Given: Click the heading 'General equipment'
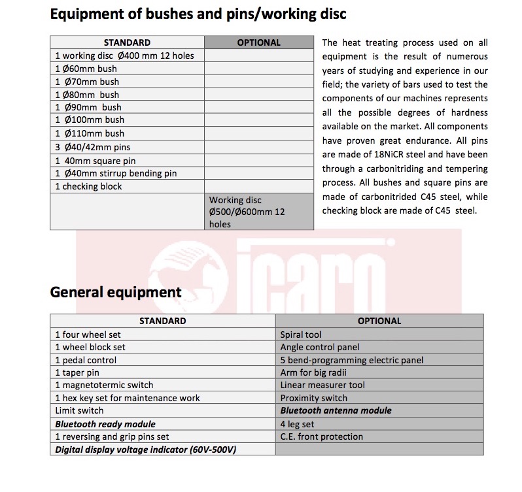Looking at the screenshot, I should (116, 292).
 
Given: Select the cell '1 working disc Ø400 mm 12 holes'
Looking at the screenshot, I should (124, 56).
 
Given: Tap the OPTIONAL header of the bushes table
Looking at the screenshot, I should (258, 42).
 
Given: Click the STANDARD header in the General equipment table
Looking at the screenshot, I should (162, 321).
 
